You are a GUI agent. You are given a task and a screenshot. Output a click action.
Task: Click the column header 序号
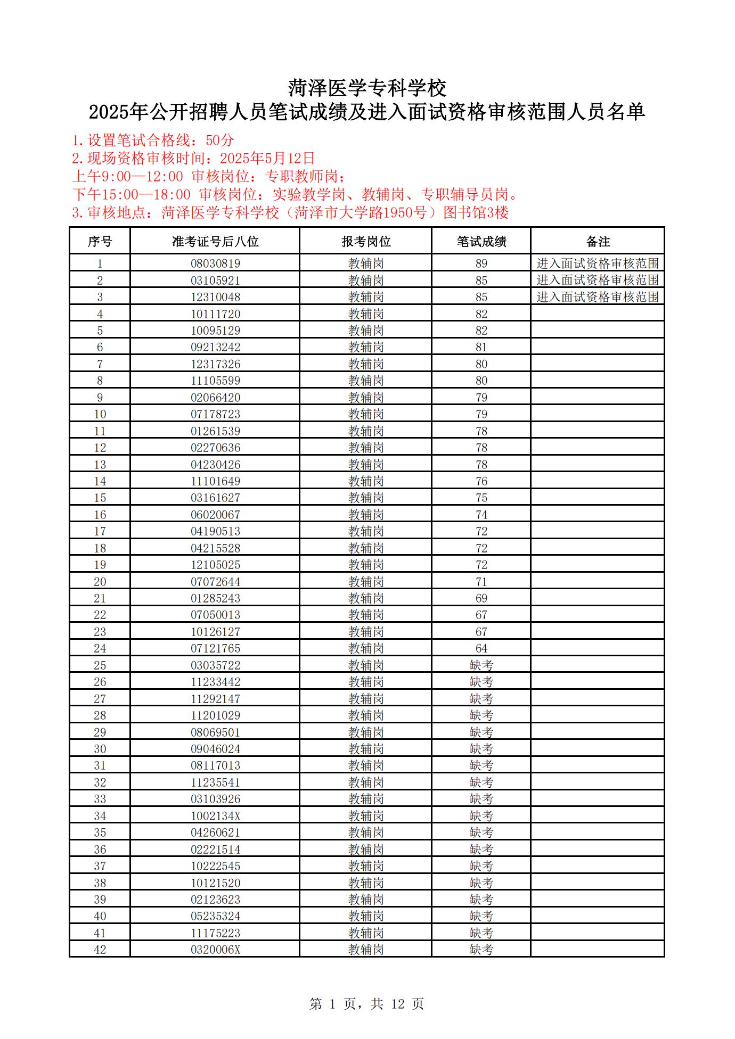tap(100, 242)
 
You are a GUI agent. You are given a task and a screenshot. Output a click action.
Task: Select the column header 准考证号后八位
tap(215, 242)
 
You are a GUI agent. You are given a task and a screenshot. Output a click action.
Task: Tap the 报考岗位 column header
tap(366, 242)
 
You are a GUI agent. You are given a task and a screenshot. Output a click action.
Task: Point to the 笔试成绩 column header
tap(481, 242)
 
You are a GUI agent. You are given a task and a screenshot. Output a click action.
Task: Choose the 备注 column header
tap(598, 242)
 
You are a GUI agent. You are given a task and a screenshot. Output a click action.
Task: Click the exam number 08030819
tap(215, 263)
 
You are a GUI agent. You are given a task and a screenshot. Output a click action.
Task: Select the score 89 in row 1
tap(481, 263)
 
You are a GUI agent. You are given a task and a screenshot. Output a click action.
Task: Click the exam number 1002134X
tap(215, 816)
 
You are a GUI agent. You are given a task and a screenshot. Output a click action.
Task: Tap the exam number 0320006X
tap(215, 950)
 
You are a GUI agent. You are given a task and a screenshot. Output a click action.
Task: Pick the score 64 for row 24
tap(481, 648)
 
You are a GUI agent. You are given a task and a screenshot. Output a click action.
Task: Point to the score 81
tap(481, 347)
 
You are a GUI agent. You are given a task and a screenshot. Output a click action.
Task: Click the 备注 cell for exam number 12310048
tap(598, 297)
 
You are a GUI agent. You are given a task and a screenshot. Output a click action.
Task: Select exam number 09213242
tap(215, 347)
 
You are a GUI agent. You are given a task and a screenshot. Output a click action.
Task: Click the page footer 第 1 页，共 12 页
tap(366, 1004)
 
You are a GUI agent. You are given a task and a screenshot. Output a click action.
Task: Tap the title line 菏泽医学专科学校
tap(367, 88)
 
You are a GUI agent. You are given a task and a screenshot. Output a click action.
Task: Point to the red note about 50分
tap(153, 141)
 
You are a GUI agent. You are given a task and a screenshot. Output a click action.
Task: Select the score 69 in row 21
tap(481, 598)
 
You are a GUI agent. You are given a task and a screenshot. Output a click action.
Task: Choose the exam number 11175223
tap(215, 933)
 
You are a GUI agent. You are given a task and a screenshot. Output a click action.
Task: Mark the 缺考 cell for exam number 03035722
tap(481, 665)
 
